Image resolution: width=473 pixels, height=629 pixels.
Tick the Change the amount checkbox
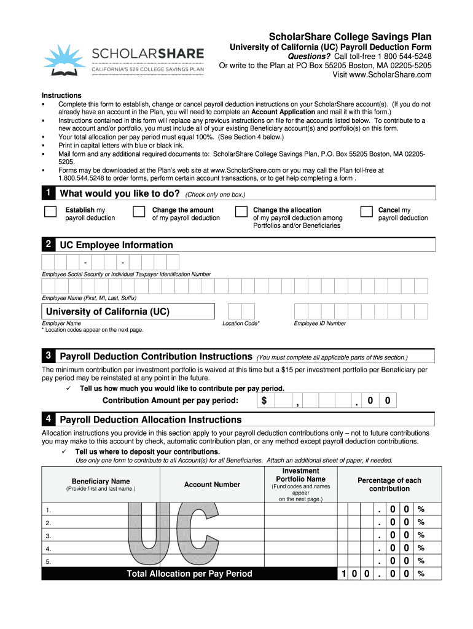tap(139, 212)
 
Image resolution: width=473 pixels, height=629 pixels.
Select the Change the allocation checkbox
tap(241, 212)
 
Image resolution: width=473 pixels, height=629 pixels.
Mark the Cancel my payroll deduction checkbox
tap(366, 212)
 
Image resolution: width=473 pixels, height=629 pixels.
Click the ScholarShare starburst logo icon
tap(64, 60)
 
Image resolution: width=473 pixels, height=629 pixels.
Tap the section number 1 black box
tap(48, 193)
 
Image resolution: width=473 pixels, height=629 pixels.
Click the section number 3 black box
tap(48, 356)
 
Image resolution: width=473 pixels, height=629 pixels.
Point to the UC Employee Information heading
tap(116, 245)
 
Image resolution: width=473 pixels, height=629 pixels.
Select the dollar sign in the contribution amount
tap(264, 401)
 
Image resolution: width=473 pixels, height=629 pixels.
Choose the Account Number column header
tap(212, 485)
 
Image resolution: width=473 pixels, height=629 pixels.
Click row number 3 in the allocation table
tap(48, 536)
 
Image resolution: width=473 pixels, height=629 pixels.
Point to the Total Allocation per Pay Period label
tap(189, 574)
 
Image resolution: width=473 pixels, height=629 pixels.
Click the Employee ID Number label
tap(319, 323)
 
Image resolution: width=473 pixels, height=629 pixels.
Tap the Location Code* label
tap(241, 323)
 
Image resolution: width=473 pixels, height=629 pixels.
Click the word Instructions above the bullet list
tap(61, 95)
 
